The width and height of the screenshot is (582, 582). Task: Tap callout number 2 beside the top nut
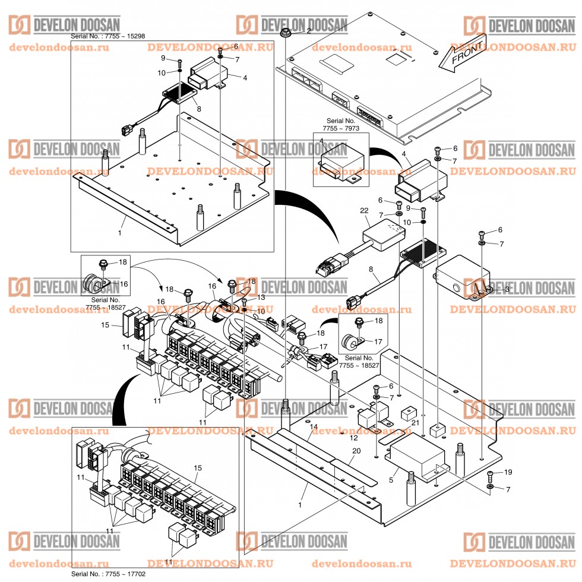[309, 31]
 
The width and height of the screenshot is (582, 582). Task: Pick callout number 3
[506, 289]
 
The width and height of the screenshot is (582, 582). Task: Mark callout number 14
[314, 426]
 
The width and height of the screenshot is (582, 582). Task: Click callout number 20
[356, 451]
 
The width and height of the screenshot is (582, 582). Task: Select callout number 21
[415, 422]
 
